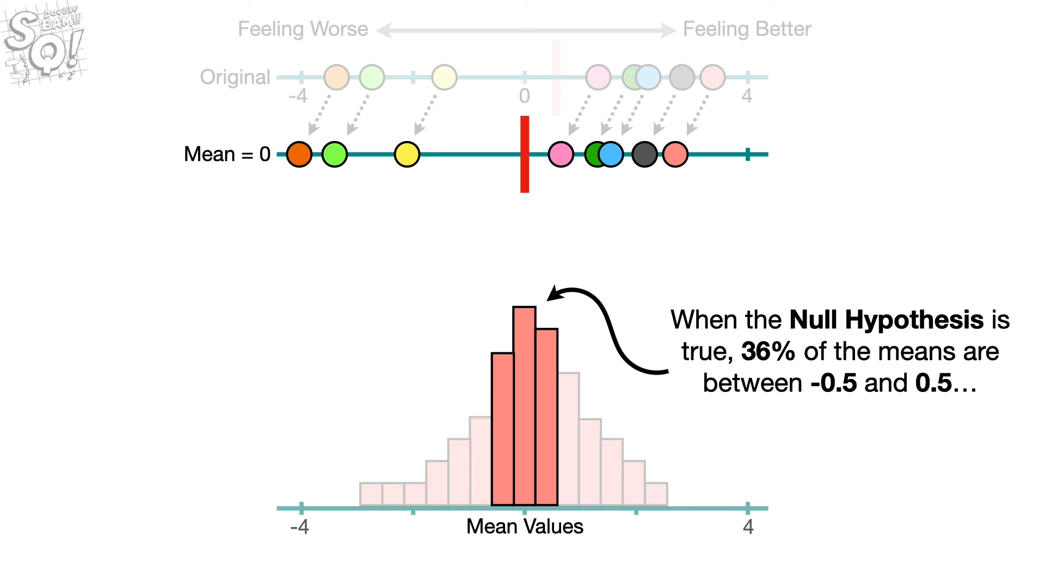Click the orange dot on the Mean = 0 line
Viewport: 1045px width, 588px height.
pos(299,154)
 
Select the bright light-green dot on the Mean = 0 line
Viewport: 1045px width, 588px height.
pos(335,154)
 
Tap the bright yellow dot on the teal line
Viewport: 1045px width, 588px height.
pos(407,154)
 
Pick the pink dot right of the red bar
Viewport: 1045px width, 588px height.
pos(561,154)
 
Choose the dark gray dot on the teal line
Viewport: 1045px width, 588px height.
pos(645,154)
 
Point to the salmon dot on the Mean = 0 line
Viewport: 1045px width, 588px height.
pos(675,154)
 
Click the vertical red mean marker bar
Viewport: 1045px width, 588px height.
pos(525,154)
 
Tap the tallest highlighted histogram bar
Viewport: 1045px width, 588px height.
pos(524,406)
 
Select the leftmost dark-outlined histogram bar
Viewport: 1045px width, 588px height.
pos(502,429)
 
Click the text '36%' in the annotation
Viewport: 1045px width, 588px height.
pos(768,352)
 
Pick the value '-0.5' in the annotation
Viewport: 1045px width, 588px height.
pos(833,383)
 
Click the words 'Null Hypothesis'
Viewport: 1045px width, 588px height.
pos(887,320)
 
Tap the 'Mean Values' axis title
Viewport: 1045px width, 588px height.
pos(525,526)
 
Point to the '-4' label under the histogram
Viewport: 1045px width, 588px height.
pos(299,526)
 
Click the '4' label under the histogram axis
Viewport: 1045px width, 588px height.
pos(748,526)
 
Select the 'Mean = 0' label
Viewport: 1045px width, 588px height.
pos(227,154)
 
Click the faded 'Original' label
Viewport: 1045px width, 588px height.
pos(235,77)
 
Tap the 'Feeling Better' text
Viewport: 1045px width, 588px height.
pos(747,29)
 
